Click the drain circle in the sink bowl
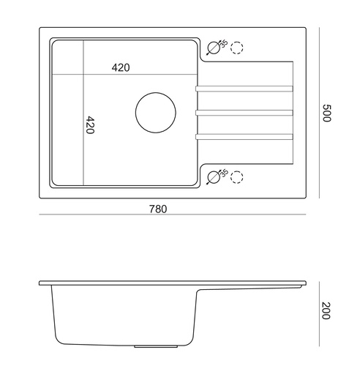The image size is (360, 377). point(156,92)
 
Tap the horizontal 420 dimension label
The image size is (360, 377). point(121,67)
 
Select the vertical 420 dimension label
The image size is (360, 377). point(91,125)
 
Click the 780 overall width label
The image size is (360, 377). point(158,209)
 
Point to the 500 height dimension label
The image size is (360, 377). point(326,113)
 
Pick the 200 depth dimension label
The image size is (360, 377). point(326,310)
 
